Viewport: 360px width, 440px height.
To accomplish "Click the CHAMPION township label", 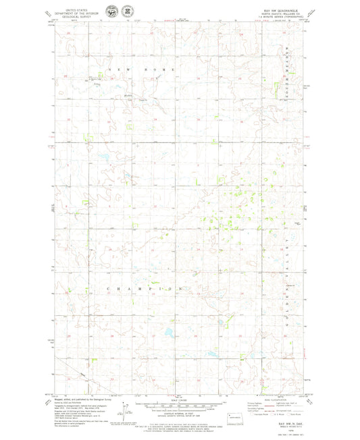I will [x=145, y=289].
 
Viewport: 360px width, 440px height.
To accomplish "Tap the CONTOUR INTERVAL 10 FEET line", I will [x=179, y=411].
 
